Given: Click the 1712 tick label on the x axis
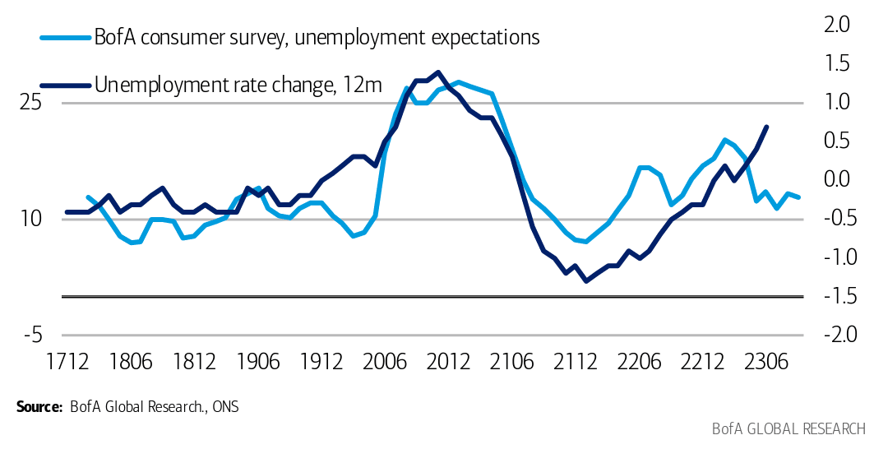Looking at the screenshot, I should click(67, 361).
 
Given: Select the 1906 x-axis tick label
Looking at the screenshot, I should click(258, 361).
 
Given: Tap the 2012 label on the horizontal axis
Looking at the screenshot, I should click(449, 361).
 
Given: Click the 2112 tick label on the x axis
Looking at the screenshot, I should click(576, 361).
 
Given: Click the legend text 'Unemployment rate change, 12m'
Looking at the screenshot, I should click(238, 84).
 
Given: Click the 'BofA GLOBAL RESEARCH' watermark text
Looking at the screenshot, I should click(788, 429).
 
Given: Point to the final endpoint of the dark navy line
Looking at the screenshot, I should click(766, 127).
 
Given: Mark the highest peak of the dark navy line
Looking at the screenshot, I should click(437, 72).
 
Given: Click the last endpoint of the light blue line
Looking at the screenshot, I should click(799, 197).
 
